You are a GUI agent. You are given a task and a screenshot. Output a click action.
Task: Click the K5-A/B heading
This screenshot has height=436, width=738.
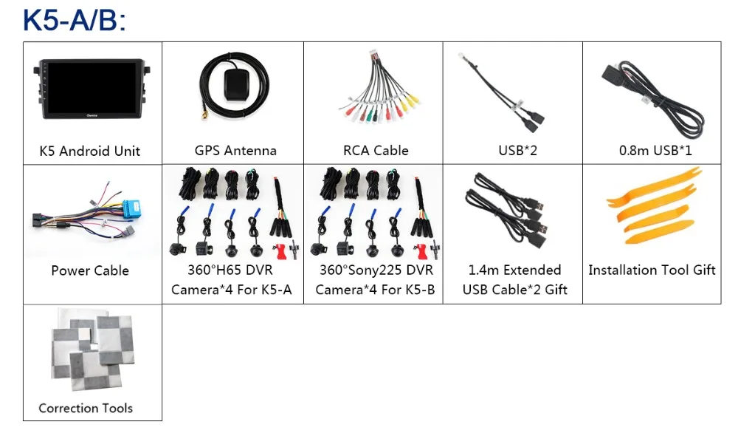coord(75,20)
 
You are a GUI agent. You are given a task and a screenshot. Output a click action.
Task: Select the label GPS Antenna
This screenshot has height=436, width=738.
coord(235,150)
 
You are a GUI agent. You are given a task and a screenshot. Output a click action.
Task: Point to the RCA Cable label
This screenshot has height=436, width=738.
coord(376,150)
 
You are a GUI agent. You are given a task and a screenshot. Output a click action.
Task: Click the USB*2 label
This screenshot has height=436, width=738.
coord(518,150)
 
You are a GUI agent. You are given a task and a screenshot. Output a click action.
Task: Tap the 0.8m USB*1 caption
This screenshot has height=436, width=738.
coord(655,150)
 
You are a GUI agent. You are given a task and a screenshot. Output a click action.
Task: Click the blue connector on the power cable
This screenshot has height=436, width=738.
coord(133,208)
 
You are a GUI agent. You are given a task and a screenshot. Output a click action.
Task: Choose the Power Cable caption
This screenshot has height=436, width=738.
coord(90,270)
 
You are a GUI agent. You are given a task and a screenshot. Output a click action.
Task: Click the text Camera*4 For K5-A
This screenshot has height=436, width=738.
coord(232,290)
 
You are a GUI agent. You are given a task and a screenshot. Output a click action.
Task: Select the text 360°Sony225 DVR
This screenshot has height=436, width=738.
coord(376,270)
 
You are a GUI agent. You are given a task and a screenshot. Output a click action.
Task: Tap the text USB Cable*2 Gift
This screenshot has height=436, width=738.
coord(515,290)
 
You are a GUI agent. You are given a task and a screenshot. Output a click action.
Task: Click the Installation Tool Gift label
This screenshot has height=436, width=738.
coord(652,270)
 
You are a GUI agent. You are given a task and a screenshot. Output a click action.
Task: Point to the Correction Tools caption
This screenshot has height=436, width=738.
coord(86,408)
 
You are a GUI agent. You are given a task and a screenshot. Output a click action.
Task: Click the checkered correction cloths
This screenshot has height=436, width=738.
coord(93,350)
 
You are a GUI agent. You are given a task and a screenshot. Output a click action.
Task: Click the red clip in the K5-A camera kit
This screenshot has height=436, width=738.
coord(280,251)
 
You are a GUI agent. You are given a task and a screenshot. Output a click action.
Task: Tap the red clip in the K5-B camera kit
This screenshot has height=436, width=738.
coord(423,251)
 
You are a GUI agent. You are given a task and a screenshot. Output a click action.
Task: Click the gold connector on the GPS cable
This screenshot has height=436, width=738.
coord(205,115)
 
